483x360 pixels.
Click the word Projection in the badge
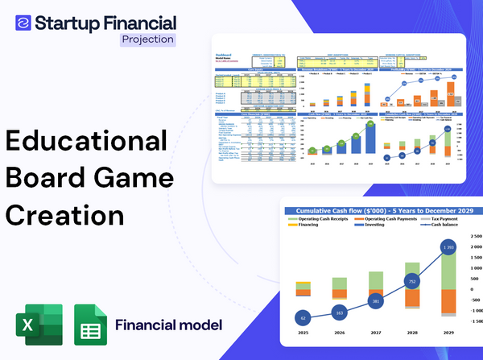click(x=148, y=39)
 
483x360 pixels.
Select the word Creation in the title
click(x=65, y=215)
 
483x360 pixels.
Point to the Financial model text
click(x=168, y=325)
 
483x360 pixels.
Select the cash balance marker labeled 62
click(x=302, y=318)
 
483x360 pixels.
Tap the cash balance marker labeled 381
click(x=375, y=301)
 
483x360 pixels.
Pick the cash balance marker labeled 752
click(x=411, y=282)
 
